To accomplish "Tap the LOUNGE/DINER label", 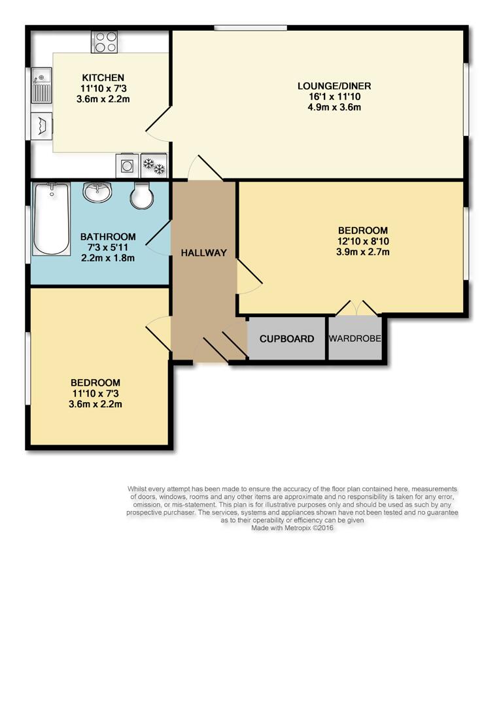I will click(x=334, y=86).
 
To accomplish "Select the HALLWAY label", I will click(x=203, y=253).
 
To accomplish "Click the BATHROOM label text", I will click(x=108, y=237).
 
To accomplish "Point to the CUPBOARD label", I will click(x=286, y=339).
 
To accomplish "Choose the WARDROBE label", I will click(x=355, y=339).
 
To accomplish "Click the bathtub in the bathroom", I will click(x=52, y=219).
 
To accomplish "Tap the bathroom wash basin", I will click(x=97, y=192).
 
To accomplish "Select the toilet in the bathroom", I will click(x=141, y=194).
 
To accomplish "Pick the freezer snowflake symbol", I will click(x=154, y=166).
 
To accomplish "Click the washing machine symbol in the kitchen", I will click(x=126, y=166).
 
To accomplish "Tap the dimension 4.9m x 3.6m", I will click(x=334, y=107).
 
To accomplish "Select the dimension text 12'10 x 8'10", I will click(x=363, y=241).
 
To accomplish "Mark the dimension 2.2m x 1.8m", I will click(x=108, y=258).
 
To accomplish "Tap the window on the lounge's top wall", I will click(x=250, y=27).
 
